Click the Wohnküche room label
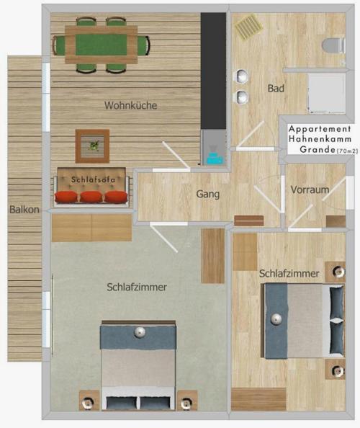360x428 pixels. [x=130, y=105]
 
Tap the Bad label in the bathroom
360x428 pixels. [x=276, y=88]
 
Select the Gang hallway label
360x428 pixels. [x=208, y=194]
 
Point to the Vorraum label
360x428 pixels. [x=310, y=190]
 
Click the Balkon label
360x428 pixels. [x=24, y=210]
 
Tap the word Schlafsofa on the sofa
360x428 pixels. [x=93, y=179]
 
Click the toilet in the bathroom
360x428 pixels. [x=333, y=45]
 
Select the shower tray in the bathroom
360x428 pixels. [x=327, y=94]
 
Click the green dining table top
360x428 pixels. [x=102, y=45]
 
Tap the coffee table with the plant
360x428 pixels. [x=92, y=146]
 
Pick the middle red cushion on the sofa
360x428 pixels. [x=91, y=197]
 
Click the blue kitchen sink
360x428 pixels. [x=215, y=159]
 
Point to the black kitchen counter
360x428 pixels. [x=213, y=71]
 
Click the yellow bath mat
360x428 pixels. [x=249, y=27]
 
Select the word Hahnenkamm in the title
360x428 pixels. [x=320, y=138]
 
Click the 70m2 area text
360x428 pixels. [x=347, y=151]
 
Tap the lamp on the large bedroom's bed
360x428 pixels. [x=140, y=332]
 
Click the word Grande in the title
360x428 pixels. [x=318, y=149]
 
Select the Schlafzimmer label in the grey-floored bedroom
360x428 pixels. [x=137, y=287]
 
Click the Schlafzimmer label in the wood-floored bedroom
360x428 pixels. [x=289, y=273]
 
